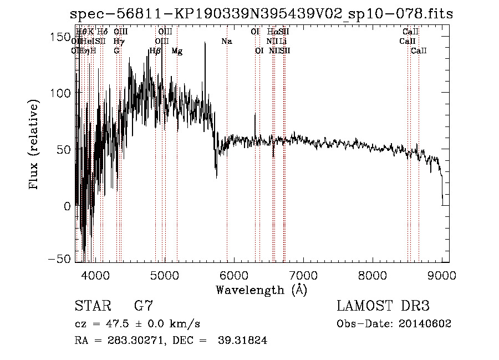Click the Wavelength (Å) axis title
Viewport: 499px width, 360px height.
261,290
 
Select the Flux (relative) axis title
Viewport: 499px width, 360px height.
34,145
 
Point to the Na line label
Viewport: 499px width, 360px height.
226,42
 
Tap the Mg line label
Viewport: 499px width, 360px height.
177,51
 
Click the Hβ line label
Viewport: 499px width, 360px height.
155,51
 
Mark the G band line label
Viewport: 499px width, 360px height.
116,51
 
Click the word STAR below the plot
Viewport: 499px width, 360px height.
90,306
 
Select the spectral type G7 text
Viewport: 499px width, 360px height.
143,306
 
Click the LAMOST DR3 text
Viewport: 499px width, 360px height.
383,306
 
